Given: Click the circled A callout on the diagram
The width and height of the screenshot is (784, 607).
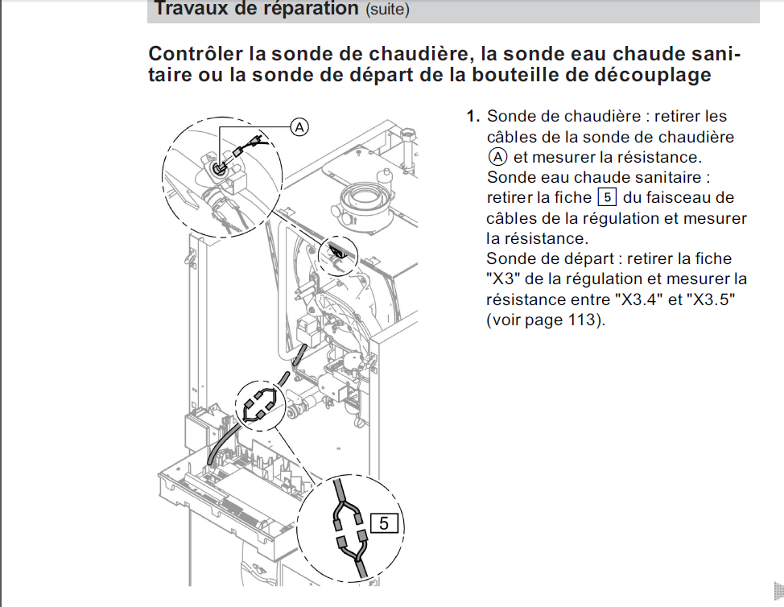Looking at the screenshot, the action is pyautogui.click(x=299, y=127).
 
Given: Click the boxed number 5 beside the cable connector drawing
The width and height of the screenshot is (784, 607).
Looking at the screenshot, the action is pyautogui.click(x=384, y=523).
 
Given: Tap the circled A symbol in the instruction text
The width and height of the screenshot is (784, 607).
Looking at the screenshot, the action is pyautogui.click(x=497, y=157).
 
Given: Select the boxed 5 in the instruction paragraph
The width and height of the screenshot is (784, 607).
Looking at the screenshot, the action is pyautogui.click(x=607, y=197).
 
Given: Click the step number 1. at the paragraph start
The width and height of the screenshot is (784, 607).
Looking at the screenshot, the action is pyautogui.click(x=473, y=117).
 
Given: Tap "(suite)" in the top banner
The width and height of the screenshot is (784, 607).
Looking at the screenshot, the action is pyautogui.click(x=387, y=9).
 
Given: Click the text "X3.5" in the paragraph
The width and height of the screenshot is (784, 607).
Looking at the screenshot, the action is pyautogui.click(x=711, y=299).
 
